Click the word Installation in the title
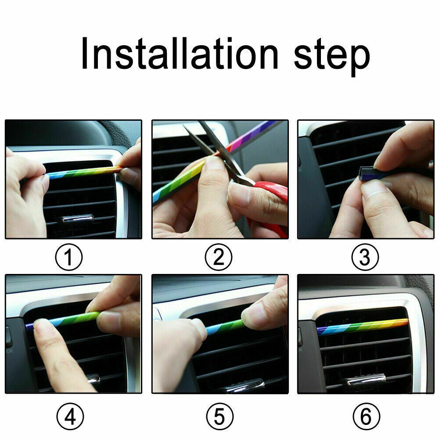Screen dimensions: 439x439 (x=180, y=53)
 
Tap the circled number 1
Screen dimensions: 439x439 (x=69, y=257)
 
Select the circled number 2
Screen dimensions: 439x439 (x=218, y=257)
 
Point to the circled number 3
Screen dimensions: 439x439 (x=365, y=257)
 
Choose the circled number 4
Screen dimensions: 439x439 (x=70, y=416)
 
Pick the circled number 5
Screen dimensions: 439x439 (x=219, y=416)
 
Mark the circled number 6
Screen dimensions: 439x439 (x=366, y=416)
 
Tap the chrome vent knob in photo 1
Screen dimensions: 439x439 (x=78, y=218)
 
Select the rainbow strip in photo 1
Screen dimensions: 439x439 (x=83, y=172)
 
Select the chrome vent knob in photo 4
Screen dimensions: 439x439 (x=94, y=379)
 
